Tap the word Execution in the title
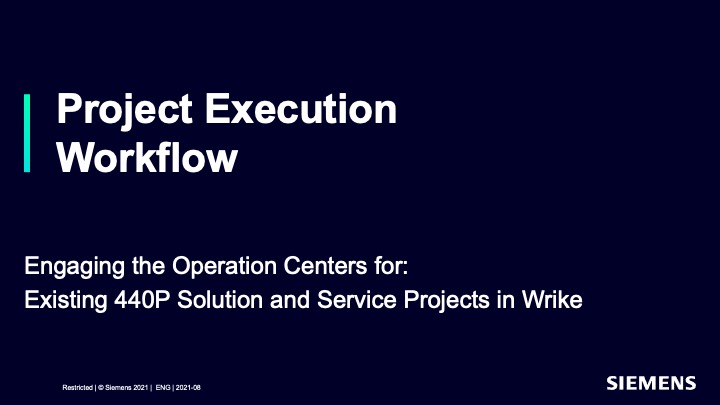[x=301, y=109]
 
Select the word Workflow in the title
[x=147, y=158]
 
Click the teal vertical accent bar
[x=27, y=133]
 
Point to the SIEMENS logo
[x=651, y=383]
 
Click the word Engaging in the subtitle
[x=74, y=267]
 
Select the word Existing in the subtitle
[x=65, y=301]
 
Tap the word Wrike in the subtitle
[x=552, y=299]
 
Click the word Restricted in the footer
[x=78, y=388]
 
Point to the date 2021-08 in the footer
[x=188, y=388]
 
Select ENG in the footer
[x=163, y=388]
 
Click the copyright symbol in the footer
[x=101, y=388]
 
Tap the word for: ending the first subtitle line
[x=391, y=265]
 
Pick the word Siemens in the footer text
[x=118, y=388]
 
